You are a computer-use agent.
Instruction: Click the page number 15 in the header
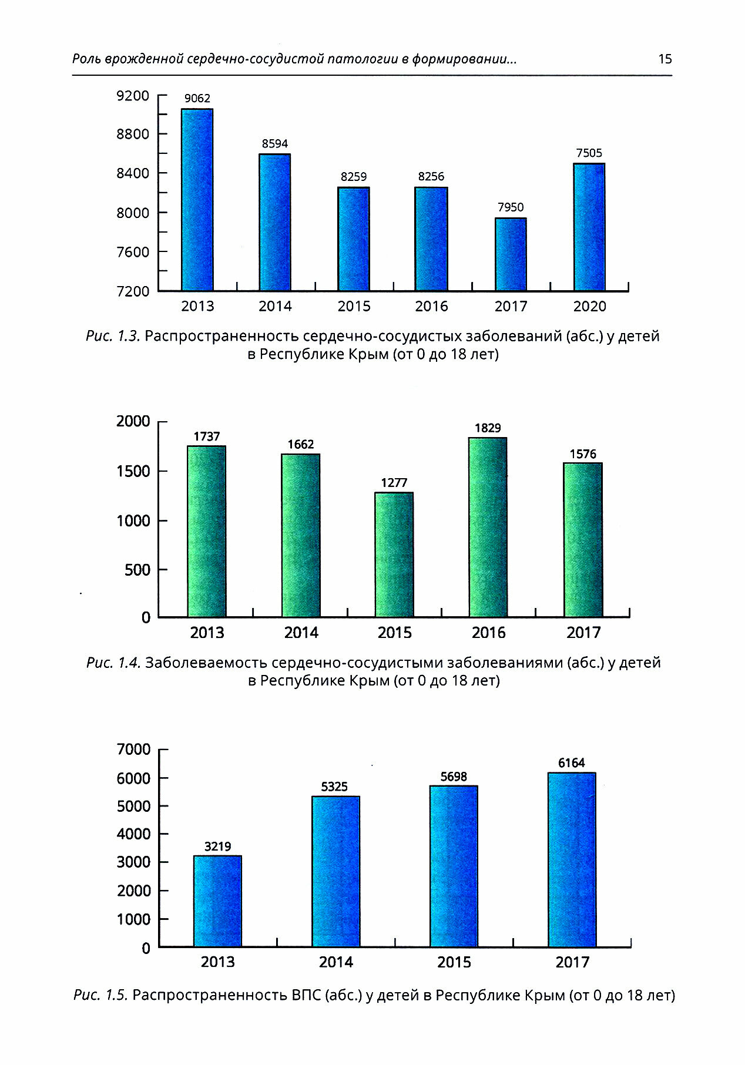tap(665, 59)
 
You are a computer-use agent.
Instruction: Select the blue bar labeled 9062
tap(197, 200)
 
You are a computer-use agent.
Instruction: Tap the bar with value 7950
tap(511, 254)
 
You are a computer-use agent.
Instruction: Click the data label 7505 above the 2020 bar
tap(589, 153)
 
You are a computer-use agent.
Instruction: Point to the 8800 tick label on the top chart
tap(133, 134)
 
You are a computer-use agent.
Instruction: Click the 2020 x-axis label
tap(589, 306)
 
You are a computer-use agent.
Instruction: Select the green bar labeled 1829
tap(488, 527)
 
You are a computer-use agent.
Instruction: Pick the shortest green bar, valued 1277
tap(394, 555)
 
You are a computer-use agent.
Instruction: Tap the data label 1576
tap(583, 454)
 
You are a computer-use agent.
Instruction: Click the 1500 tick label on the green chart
tap(133, 471)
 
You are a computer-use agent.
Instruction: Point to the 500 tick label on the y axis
tap(137, 570)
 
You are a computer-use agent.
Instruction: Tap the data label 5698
tap(454, 777)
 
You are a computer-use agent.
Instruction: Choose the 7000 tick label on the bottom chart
tap(134, 750)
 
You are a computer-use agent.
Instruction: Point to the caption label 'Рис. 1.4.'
tap(113, 663)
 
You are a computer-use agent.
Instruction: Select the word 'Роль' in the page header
tap(87, 59)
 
